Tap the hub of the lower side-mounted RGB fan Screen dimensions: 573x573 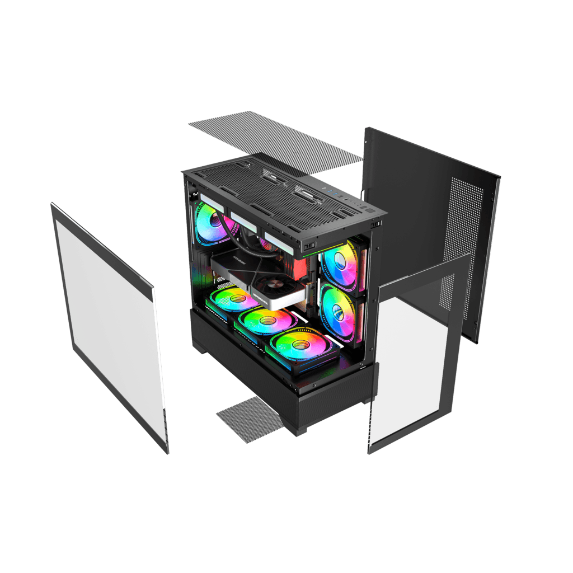coord(337,313)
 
